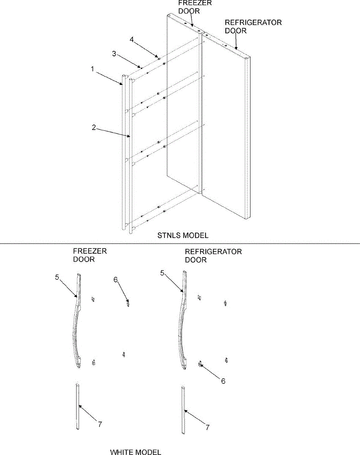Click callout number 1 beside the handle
(92, 69)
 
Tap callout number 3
(114, 53)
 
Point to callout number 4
(131, 39)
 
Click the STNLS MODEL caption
(183, 235)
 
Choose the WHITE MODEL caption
(135, 452)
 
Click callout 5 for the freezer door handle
(57, 277)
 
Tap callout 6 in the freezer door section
(116, 279)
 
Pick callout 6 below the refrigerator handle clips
(223, 381)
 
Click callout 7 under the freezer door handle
(100, 424)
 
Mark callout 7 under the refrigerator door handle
(207, 427)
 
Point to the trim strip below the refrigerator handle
(183, 409)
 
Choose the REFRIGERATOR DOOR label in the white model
(213, 256)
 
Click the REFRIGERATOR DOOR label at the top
(253, 27)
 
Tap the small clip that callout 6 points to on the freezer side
(128, 303)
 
